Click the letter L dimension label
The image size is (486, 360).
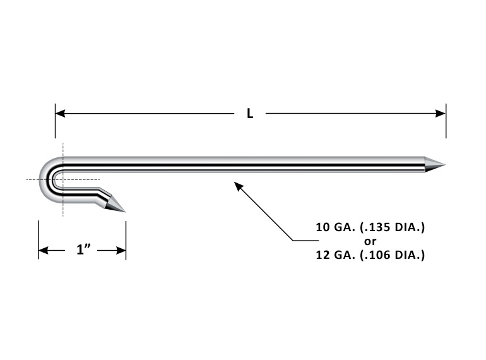[250, 114]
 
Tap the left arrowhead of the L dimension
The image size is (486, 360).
[61, 114]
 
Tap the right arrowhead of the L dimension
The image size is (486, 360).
[441, 114]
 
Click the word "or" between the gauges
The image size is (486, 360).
[370, 241]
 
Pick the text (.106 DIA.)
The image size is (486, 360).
[392, 256]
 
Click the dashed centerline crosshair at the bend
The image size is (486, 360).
[63, 180]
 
